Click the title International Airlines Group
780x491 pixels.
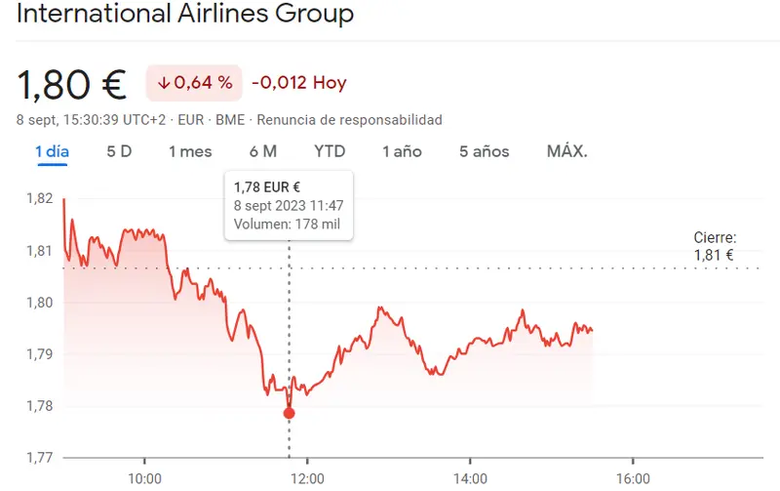pos(185,16)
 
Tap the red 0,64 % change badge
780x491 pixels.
pos(193,83)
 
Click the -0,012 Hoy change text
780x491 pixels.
pos(298,83)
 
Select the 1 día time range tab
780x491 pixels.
pos(52,151)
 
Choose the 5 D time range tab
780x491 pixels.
pos(119,151)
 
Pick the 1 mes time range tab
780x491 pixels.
pos(190,151)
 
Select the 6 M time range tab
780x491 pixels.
pos(263,151)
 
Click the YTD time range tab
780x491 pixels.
pos(330,151)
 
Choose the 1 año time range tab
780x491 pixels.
pos(402,151)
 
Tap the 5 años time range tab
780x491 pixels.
pos(484,151)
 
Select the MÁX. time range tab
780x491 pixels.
pos(566,151)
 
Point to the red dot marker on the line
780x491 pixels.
pos(289,413)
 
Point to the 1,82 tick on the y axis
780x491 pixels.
pos(39,198)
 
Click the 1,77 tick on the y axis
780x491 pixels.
pos(39,457)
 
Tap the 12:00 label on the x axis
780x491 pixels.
pos(307,478)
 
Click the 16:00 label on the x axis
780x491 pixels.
pos(633,478)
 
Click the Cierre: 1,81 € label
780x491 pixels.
pos(714,247)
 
